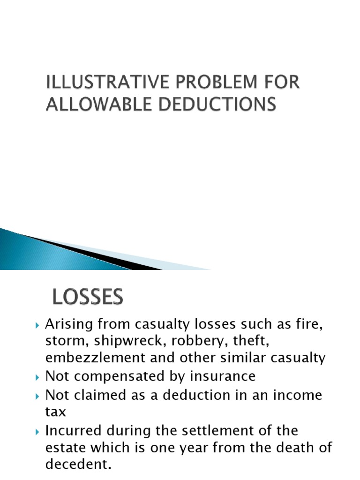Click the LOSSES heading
click(87, 297)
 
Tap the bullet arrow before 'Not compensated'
click(38, 376)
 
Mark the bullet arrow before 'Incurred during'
click(38, 430)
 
